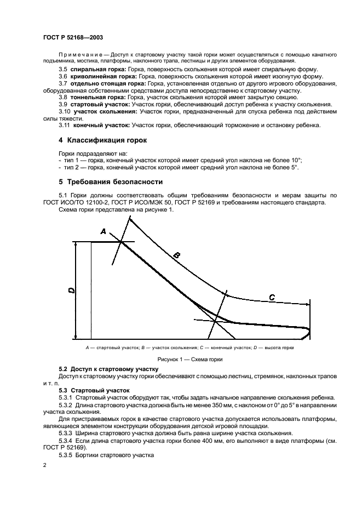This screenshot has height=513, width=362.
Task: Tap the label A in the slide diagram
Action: (x=103, y=232)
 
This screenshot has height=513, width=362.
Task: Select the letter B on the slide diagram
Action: (x=176, y=254)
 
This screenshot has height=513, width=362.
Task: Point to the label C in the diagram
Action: (x=272, y=297)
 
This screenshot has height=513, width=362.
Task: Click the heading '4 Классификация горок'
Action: (x=103, y=140)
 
